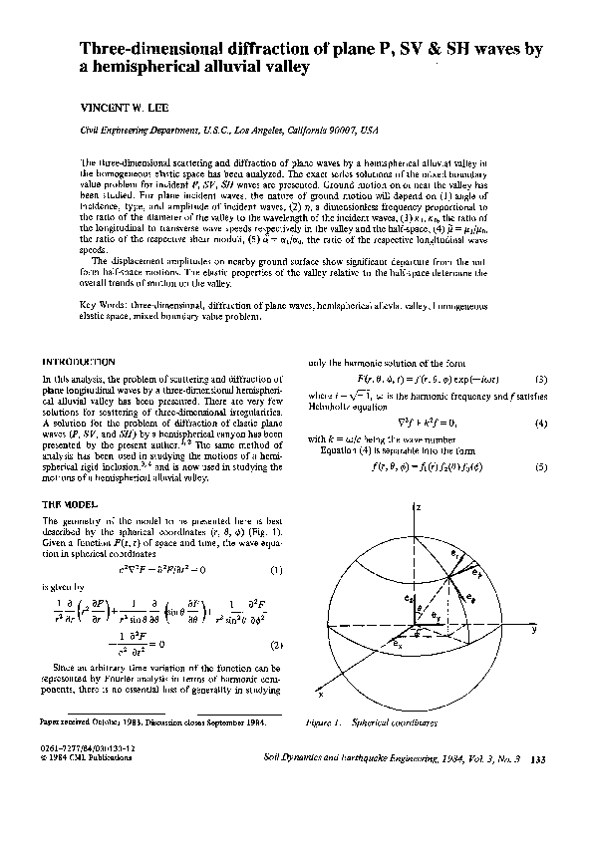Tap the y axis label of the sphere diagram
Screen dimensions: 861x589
click(534, 630)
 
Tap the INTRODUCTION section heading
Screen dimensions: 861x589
click(81, 361)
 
